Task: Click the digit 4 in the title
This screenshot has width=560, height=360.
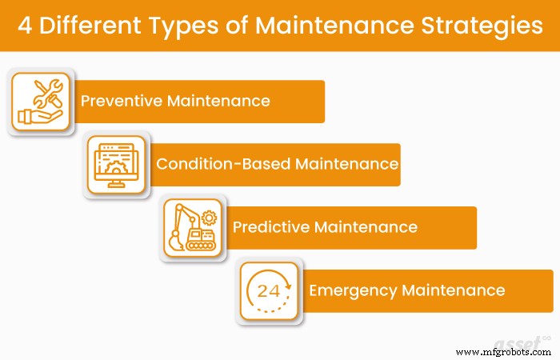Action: (27, 25)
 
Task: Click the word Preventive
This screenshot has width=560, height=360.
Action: (119, 102)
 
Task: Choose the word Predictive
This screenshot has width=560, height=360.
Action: (270, 227)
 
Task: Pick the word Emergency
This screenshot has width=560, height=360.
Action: (353, 290)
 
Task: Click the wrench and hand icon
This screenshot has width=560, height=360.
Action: (40, 101)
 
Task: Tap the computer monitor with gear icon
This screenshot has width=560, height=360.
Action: (116, 165)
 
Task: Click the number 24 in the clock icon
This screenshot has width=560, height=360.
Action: (268, 290)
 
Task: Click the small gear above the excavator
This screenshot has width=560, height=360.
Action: (210, 217)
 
